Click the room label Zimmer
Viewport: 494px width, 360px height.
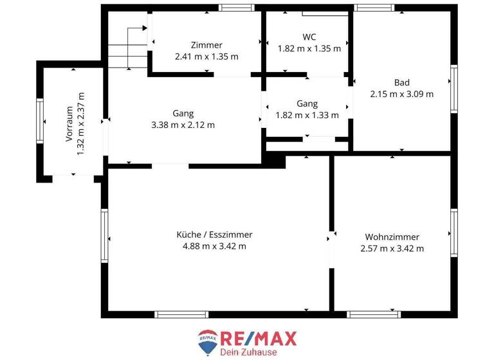pos(206,45)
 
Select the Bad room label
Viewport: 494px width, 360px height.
pos(402,82)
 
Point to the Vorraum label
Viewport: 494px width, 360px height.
pos(69,122)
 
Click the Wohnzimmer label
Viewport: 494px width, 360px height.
pos(392,237)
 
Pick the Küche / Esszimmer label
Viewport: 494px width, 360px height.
pos(214,235)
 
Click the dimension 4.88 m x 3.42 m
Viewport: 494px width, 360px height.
pos(214,246)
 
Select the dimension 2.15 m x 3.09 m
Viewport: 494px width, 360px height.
pos(402,94)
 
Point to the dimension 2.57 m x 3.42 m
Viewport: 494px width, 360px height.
pos(392,248)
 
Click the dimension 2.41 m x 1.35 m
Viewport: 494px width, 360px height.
pos(206,57)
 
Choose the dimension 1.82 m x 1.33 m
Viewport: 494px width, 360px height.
pos(307,116)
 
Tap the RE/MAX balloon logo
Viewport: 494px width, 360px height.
pos(207,343)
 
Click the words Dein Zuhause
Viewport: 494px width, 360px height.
pos(248,352)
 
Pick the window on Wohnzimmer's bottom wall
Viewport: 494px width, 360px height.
pos(374,314)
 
